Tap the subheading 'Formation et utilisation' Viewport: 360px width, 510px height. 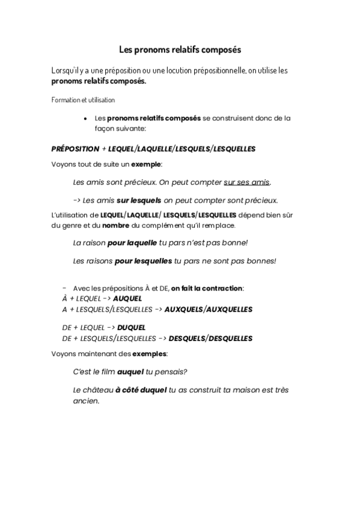83,99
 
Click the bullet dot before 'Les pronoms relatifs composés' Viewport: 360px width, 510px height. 87,119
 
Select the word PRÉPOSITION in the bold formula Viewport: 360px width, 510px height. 75,148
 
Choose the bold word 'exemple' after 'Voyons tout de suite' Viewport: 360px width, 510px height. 147,164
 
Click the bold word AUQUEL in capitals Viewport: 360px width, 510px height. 127,298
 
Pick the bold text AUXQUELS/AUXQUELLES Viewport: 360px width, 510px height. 209,309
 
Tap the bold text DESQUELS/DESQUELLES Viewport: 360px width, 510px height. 210,339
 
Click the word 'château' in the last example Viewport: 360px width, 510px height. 97,390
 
